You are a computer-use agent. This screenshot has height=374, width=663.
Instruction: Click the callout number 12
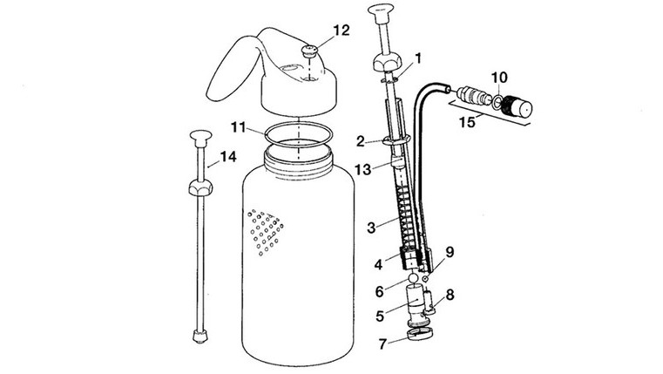pos(342,31)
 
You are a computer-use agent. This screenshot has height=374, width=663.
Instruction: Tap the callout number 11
pos(238,127)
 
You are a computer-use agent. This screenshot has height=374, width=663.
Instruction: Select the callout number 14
pos(228,157)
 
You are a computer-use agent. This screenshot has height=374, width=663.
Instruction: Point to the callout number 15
pos(467,123)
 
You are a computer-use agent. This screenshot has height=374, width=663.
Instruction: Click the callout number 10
pos(499,78)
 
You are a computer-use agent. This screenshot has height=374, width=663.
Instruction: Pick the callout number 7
pos(382,344)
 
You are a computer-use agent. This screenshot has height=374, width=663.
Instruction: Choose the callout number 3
pos(371,228)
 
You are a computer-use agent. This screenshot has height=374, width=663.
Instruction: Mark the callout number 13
pos(362,170)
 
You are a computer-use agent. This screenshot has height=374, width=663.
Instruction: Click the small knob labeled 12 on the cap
pos(309,51)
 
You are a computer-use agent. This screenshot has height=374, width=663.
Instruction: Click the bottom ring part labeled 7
pos(420,334)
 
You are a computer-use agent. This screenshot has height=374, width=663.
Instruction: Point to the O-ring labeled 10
pos(497,102)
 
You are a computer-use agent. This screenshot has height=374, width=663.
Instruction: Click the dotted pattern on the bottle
pos(266,232)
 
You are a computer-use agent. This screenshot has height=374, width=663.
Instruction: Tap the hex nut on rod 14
pos(200,187)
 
